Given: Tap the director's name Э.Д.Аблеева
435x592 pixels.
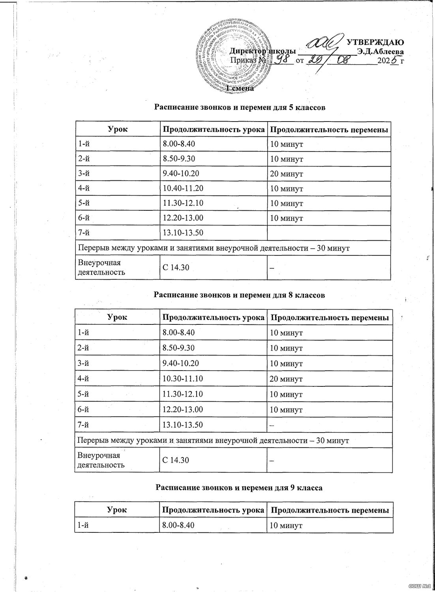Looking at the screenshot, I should (379, 51).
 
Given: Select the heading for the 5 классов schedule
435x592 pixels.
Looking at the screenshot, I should (240, 107).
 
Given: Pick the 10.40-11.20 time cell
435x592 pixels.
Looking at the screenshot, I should (183, 189).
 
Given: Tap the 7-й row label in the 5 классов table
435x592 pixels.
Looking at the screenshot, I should (84, 233).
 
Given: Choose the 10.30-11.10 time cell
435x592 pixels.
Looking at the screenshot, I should (183, 379).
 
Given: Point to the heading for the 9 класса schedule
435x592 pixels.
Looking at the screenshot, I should (239, 488).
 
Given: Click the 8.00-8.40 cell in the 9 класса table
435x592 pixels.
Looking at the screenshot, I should (179, 525).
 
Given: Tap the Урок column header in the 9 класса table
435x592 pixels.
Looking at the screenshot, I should (117, 510).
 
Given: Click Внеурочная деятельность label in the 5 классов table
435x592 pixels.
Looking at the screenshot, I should (99, 267).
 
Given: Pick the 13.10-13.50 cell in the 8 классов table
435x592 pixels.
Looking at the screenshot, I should (183, 425).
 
